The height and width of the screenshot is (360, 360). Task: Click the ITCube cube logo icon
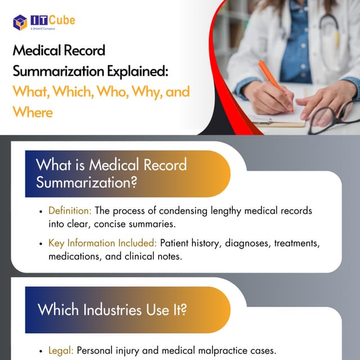(20, 22)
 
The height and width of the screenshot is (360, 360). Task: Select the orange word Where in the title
(33, 111)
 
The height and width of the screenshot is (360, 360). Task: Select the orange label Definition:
(70, 211)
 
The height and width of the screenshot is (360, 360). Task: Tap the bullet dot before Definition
(41, 211)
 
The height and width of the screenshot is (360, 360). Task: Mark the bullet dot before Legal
(41, 350)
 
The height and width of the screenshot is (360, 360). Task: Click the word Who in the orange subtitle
(112, 91)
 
